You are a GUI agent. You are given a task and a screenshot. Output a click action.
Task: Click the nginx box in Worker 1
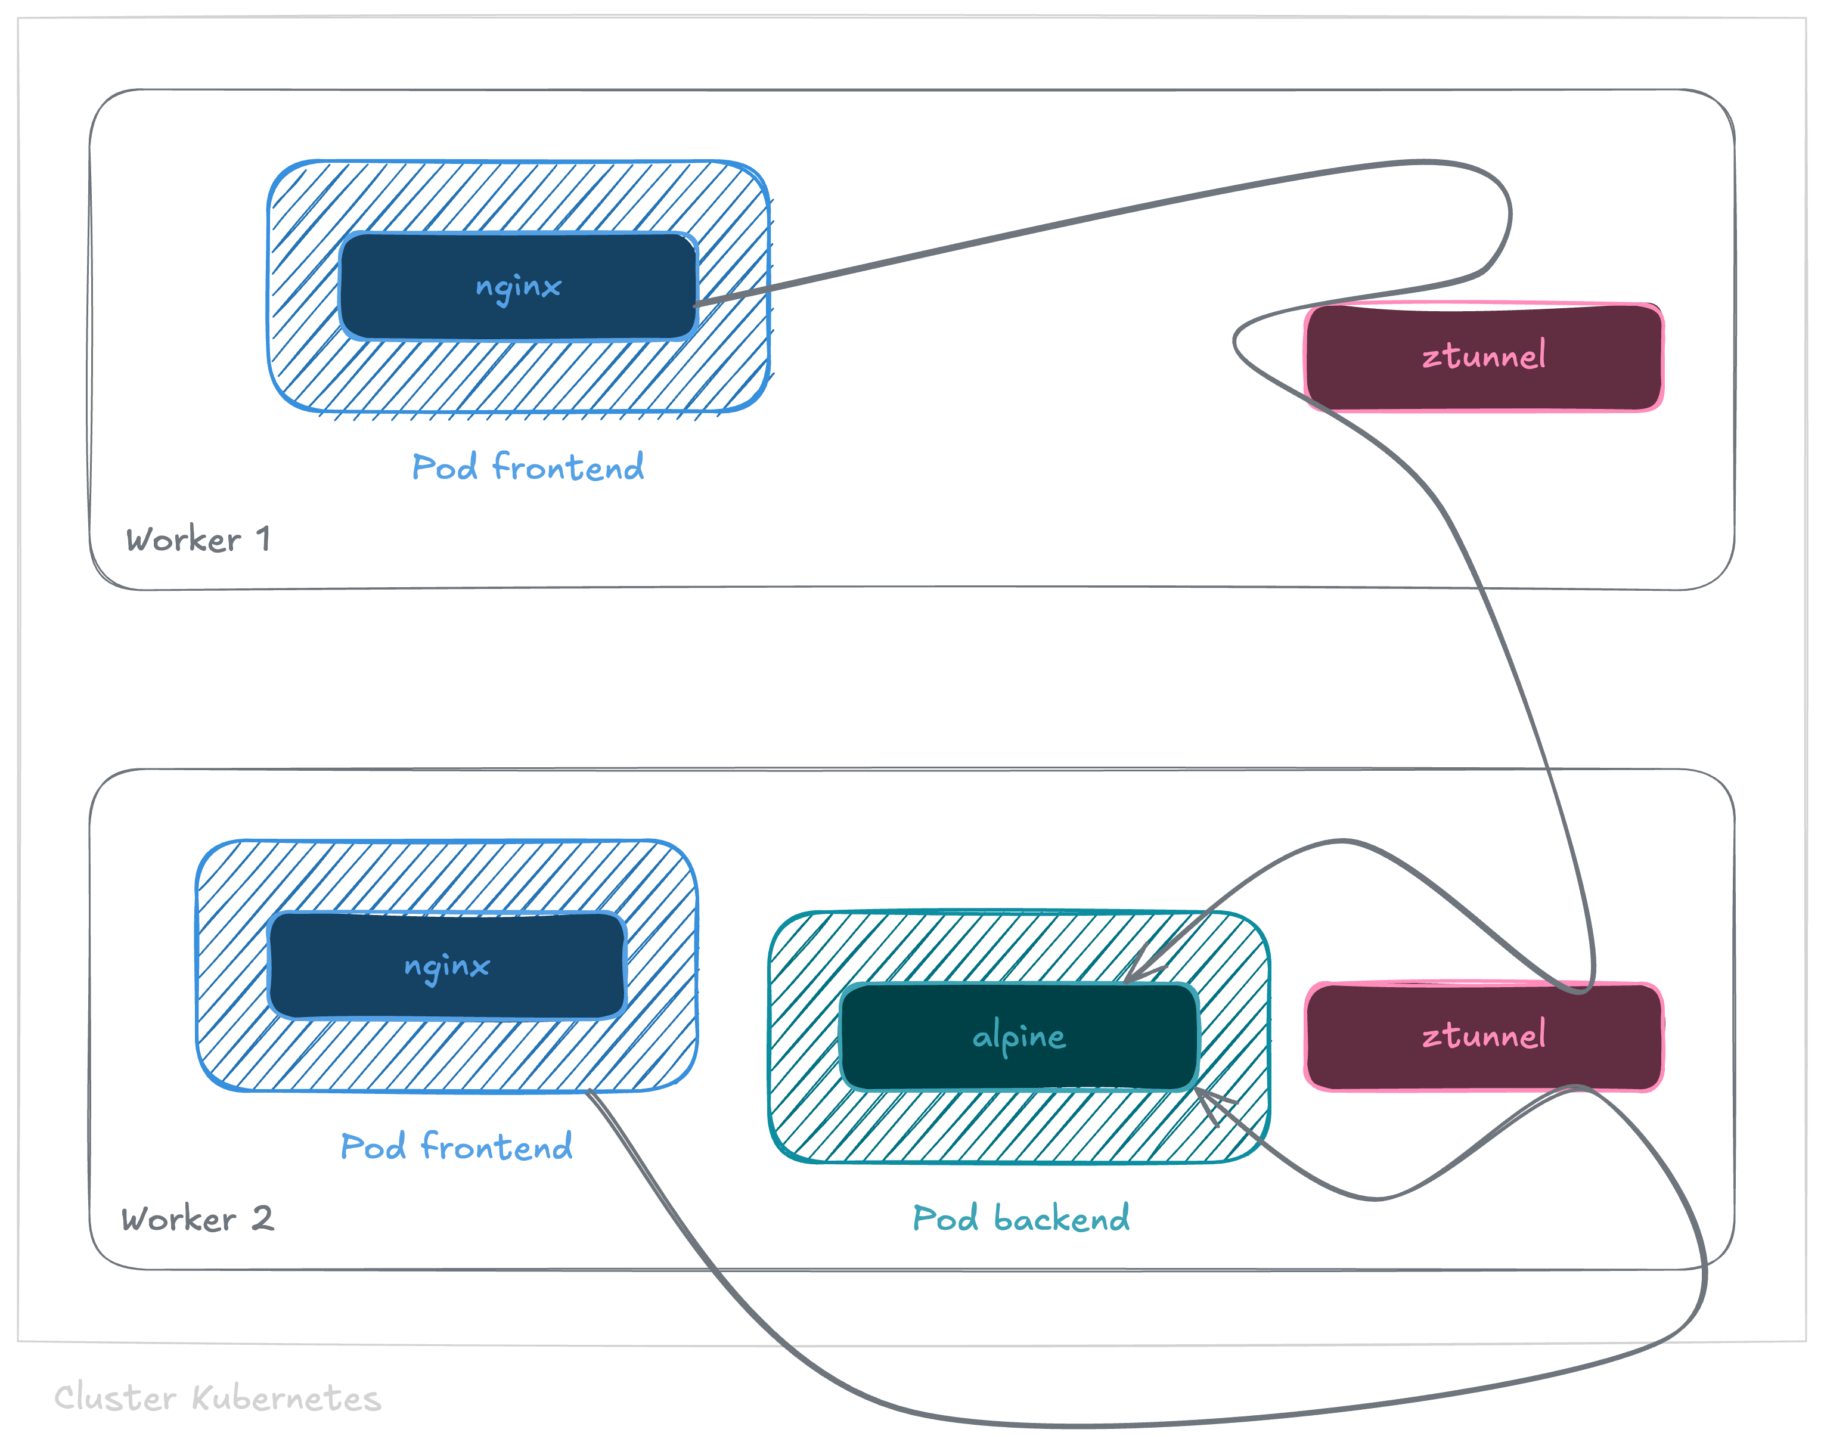click(x=518, y=286)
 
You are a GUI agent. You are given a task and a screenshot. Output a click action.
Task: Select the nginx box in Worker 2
click(x=446, y=965)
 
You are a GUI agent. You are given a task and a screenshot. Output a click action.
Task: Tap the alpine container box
click(x=1019, y=1037)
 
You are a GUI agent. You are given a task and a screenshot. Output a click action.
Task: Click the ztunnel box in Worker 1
click(x=1484, y=356)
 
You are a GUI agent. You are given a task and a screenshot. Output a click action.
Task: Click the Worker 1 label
click(x=198, y=539)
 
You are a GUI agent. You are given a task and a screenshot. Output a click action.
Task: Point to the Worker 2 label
click(x=197, y=1219)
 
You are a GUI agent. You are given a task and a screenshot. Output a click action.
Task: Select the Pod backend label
click(x=1020, y=1218)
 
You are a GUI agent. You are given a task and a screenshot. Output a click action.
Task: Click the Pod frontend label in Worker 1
click(x=527, y=467)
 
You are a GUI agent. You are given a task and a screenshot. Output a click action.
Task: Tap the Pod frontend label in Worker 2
click(x=456, y=1146)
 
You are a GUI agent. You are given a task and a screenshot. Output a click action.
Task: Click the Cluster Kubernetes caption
click(x=218, y=1398)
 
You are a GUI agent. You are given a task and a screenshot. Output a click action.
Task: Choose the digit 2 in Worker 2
click(x=262, y=1218)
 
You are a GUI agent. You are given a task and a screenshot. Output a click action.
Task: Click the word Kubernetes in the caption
click(x=286, y=1398)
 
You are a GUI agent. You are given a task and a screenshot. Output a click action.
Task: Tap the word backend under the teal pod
click(x=1061, y=1218)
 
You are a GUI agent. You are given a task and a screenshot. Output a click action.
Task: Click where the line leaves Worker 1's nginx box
click(x=697, y=303)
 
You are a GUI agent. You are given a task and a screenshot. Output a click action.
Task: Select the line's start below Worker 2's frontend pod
click(x=590, y=1094)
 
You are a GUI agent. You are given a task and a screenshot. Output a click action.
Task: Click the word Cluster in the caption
click(x=115, y=1398)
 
